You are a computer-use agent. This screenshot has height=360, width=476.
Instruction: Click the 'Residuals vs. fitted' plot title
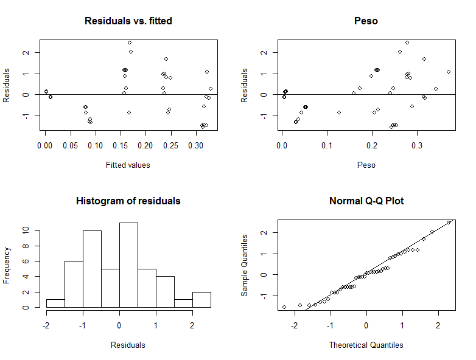[128, 21]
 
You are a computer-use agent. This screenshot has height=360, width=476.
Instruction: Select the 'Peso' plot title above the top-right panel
[366, 21]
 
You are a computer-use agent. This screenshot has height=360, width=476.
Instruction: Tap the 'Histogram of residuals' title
[128, 201]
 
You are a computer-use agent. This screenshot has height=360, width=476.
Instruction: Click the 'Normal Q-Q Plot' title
[366, 201]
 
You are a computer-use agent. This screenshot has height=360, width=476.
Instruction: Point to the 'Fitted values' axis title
[128, 165]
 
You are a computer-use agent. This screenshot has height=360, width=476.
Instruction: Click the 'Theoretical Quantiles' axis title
[366, 345]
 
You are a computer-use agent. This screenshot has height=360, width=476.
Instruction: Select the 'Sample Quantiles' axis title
[245, 265]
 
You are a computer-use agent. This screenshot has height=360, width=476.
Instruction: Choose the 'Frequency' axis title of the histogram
[7, 265]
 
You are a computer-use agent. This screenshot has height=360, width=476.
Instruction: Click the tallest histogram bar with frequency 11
[128, 265]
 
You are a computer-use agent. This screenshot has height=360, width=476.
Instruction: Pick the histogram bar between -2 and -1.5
[55, 303]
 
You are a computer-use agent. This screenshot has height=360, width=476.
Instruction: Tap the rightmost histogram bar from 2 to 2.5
[201, 300]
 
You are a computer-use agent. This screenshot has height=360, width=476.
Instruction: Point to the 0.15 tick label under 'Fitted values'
[95, 147]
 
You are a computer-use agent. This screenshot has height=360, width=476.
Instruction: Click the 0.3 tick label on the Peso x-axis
[417, 147]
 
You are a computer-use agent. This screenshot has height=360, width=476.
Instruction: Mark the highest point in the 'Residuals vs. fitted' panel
[130, 43]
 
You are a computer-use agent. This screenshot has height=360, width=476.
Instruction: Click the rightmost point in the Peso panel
[449, 72]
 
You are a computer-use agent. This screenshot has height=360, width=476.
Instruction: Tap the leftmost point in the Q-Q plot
[284, 307]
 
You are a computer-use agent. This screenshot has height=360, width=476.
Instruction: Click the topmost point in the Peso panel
[407, 43]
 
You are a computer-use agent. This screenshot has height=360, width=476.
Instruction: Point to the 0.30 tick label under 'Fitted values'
[195, 147]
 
